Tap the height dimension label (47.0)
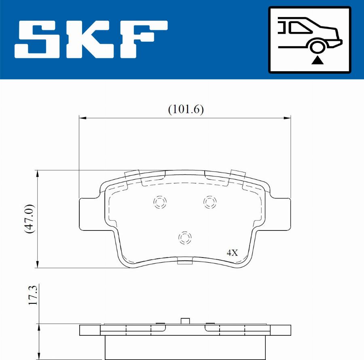[29, 219]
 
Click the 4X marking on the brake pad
[232, 253]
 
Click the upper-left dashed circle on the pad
[160, 202]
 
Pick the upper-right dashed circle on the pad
[210, 201]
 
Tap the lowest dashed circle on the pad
[185, 238]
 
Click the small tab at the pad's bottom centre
[185, 261]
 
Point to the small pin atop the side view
[185, 321]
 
